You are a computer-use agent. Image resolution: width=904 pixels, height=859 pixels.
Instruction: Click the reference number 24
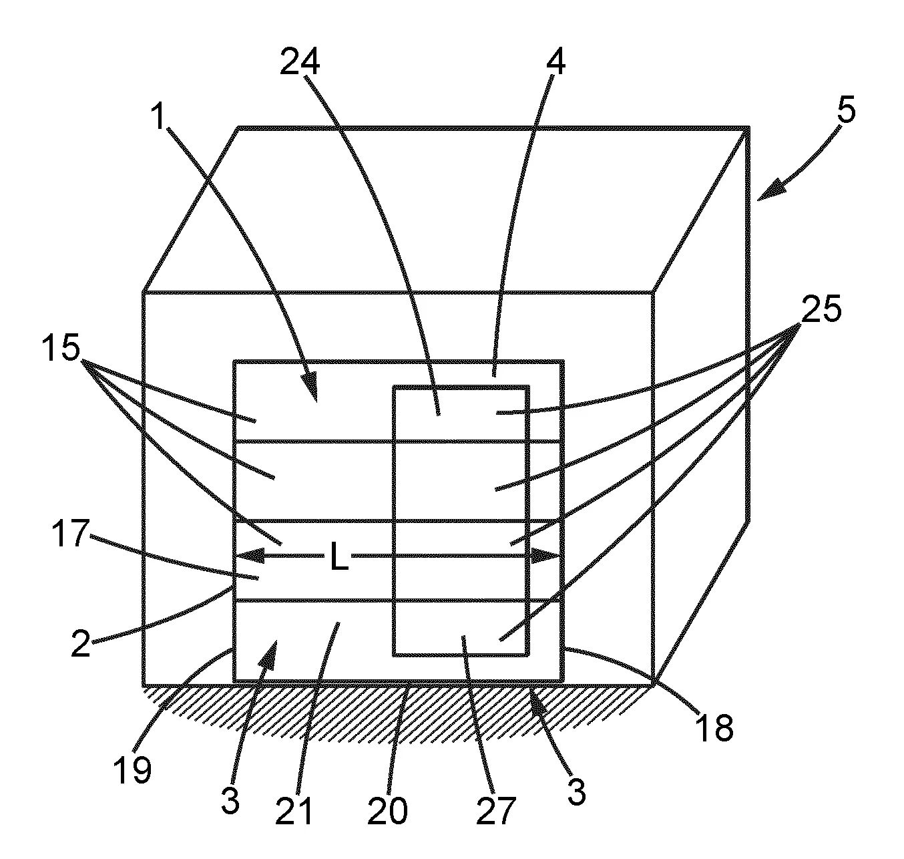tap(299, 63)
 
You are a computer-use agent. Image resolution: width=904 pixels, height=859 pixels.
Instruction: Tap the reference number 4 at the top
tap(556, 63)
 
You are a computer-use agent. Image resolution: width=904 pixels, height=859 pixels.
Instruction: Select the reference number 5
tap(846, 110)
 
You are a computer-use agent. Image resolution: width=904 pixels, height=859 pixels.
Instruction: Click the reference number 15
tap(61, 348)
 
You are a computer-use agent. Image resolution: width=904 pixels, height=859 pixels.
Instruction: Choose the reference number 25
tap(821, 309)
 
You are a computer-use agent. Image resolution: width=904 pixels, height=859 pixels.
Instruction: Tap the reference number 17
tap(70, 533)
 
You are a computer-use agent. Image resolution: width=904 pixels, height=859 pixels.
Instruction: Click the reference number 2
tap(81, 644)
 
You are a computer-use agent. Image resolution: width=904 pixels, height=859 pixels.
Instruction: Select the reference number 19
tap(132, 770)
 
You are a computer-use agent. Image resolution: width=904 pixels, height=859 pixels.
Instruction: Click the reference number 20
tap(387, 811)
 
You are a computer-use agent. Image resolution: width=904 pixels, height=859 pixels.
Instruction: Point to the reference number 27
tap(495, 811)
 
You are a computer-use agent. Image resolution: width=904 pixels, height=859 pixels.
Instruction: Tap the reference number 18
tap(714, 728)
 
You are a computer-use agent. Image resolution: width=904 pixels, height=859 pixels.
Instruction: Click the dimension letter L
tap(339, 556)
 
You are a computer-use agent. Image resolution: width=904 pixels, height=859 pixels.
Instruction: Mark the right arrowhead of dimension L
tap(545, 555)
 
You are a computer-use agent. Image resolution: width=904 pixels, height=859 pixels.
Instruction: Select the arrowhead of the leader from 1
tap(310, 389)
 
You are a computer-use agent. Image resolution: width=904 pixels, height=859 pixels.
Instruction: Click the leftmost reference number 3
tap(230, 801)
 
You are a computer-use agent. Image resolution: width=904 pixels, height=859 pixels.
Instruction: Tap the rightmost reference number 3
tap(577, 792)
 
